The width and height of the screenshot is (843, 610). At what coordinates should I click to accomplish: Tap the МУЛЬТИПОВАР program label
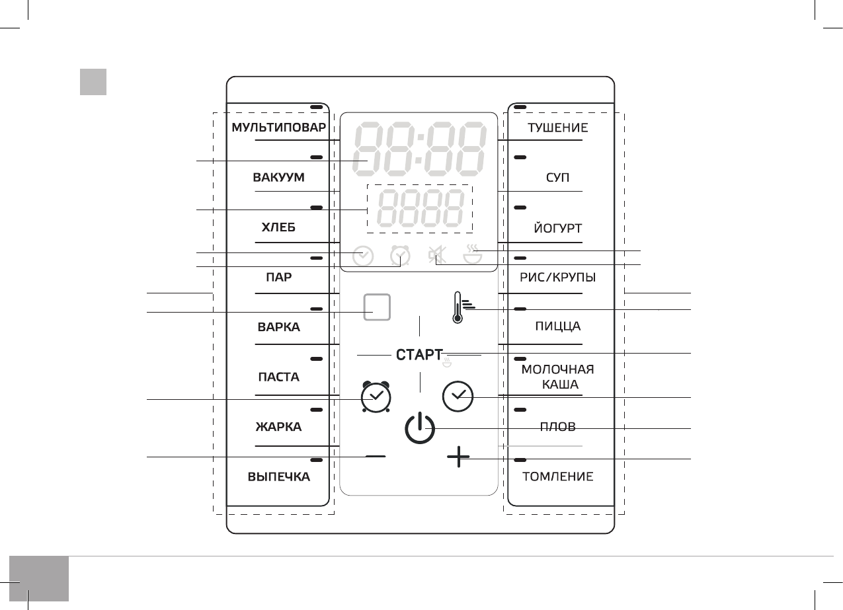(278, 128)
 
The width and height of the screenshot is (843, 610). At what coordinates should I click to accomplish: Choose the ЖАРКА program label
(278, 427)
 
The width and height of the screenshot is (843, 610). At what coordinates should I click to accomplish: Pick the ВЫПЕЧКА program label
(278, 477)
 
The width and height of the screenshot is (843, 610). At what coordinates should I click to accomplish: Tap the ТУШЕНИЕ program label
(557, 128)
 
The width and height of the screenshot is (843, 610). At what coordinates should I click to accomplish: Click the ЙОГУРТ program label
(557, 228)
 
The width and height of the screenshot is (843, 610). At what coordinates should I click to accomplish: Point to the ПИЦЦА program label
(557, 327)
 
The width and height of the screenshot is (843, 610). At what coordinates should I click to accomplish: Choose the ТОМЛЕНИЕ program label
(557, 477)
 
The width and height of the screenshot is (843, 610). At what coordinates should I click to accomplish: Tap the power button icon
(419, 428)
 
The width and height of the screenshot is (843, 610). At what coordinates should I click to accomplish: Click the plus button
(458, 457)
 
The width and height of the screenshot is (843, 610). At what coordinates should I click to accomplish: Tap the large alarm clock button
(376, 397)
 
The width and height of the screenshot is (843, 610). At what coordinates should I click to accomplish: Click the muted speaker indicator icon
(436, 255)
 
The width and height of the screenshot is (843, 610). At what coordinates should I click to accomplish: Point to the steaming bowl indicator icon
(472, 254)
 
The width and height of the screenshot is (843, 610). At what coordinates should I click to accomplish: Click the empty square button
(376, 307)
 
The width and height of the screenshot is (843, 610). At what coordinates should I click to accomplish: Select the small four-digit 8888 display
(419, 209)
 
